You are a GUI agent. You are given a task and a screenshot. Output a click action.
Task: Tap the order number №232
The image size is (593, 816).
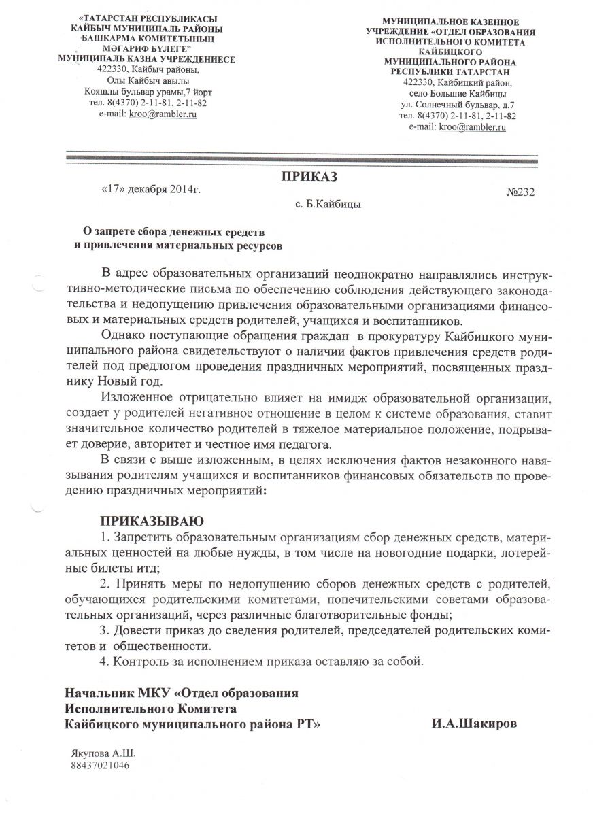pyautogui.click(x=521, y=192)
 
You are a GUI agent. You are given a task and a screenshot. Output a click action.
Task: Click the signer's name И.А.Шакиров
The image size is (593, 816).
pyautogui.click(x=473, y=724)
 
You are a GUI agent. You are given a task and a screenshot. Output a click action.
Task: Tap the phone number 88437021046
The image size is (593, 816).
pyautogui.click(x=99, y=764)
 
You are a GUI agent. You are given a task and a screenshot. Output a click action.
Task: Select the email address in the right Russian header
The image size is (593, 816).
pyautogui.click(x=473, y=126)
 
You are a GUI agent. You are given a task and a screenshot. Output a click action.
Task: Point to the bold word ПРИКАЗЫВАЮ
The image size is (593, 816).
pyautogui.click(x=152, y=522)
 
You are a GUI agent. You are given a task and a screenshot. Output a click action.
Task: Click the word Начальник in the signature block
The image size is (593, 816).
pyautogui.click(x=99, y=694)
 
